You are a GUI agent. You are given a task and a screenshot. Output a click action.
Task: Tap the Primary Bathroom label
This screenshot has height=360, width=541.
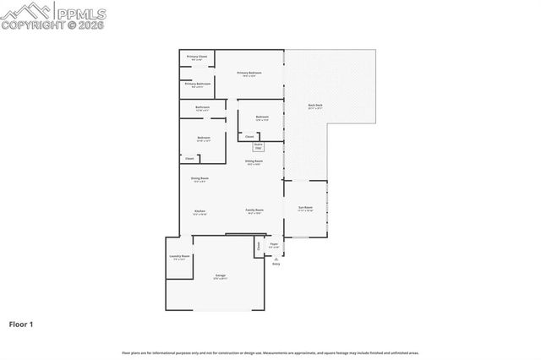click(x=197, y=85)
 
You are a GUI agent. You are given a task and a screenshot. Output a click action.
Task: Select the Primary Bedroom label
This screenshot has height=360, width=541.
click(x=249, y=74)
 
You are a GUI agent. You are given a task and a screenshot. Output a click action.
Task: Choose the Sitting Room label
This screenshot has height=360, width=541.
click(x=254, y=161)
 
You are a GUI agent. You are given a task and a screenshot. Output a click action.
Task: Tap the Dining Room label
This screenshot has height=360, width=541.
click(x=199, y=179)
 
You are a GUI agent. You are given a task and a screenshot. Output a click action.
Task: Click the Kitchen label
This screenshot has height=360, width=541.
click(x=199, y=210)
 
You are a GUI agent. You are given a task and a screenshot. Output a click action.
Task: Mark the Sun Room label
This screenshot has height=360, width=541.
click(x=305, y=208)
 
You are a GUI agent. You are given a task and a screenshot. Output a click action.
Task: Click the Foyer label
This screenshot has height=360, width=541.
click(x=274, y=245)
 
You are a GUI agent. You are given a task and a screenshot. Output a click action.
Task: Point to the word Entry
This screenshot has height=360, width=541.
click(x=276, y=264)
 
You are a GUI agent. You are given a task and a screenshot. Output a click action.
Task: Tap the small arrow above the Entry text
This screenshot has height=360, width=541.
click(x=276, y=257)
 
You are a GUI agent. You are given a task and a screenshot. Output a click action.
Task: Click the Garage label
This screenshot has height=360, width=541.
click(x=220, y=275)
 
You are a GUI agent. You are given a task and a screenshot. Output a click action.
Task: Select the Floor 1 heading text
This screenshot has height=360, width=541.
click(x=21, y=324)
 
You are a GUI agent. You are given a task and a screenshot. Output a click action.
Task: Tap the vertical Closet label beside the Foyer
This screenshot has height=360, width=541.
click(x=259, y=246)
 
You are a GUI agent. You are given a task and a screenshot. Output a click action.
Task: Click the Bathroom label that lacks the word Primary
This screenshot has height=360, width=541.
click(x=203, y=107)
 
